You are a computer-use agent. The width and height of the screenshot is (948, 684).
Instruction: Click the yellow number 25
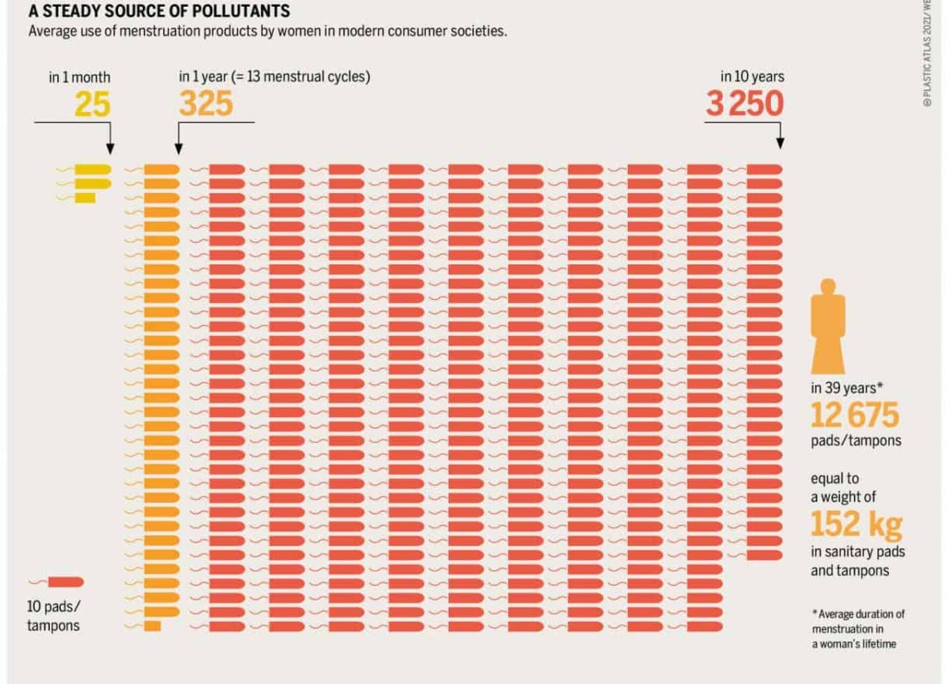(92, 104)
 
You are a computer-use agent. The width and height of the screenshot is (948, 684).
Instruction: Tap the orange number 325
(206, 103)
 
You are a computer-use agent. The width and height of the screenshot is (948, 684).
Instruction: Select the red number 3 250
(745, 103)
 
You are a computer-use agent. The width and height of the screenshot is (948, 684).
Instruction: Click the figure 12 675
(855, 415)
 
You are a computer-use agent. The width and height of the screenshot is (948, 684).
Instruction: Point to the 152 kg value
(856, 524)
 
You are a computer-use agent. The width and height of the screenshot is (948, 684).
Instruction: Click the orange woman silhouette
(827, 327)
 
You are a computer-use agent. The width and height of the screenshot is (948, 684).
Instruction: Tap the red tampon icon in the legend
(57, 582)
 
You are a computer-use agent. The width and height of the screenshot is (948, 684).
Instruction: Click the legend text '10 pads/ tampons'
(53, 616)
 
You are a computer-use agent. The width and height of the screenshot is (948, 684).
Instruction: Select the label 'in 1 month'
(79, 77)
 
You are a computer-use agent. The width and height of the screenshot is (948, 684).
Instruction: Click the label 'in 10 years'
(752, 76)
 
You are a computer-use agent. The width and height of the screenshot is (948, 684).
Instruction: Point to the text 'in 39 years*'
(847, 388)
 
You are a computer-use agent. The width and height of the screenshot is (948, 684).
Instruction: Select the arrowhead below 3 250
(780, 143)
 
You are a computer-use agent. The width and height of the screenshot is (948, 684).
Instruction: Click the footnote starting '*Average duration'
(858, 629)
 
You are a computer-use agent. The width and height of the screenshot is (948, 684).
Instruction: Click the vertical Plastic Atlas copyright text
(928, 54)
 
